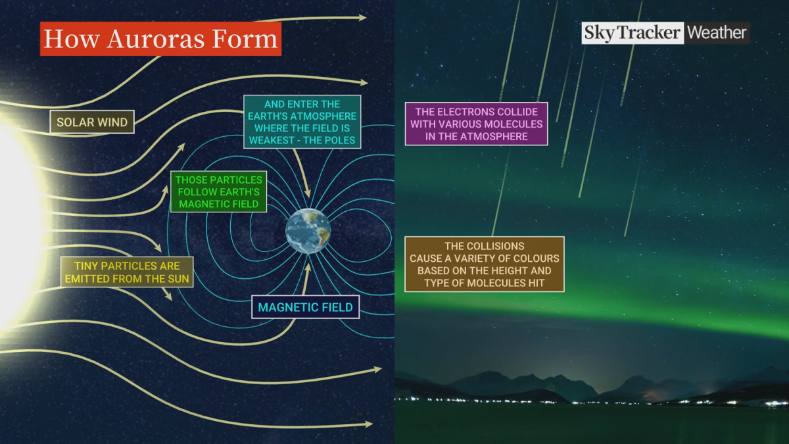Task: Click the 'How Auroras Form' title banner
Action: [160, 39]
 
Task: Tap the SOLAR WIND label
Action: [92, 122]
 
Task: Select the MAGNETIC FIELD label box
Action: [305, 307]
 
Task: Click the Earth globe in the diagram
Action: [308, 231]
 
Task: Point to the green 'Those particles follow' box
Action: [218, 192]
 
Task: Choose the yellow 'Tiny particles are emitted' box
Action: [127, 272]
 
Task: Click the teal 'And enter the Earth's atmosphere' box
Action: [302, 122]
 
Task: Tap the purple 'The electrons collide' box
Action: [476, 124]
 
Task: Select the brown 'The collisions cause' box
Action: [484, 264]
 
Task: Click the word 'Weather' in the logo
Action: [717, 33]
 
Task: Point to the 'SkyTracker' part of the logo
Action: [633, 33]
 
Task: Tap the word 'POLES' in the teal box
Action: [340, 141]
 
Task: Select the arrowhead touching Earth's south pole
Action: [307, 264]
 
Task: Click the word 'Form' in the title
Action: [249, 39]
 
